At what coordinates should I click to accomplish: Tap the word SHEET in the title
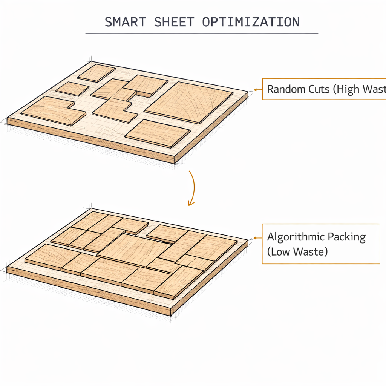coord(174,22)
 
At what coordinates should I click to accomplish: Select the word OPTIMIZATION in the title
coord(251,22)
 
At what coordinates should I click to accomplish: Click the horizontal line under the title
coord(202,33)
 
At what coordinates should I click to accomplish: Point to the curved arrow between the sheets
coord(192,187)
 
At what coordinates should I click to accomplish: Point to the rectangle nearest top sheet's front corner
coord(158,133)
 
